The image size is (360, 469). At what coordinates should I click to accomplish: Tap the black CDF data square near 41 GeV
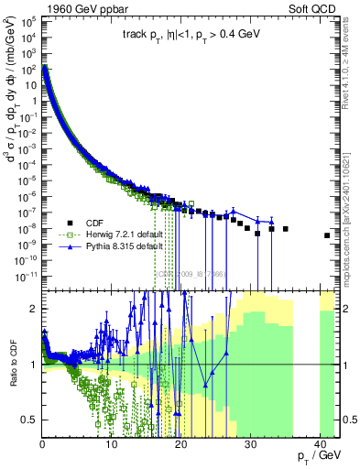pos(327,235)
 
